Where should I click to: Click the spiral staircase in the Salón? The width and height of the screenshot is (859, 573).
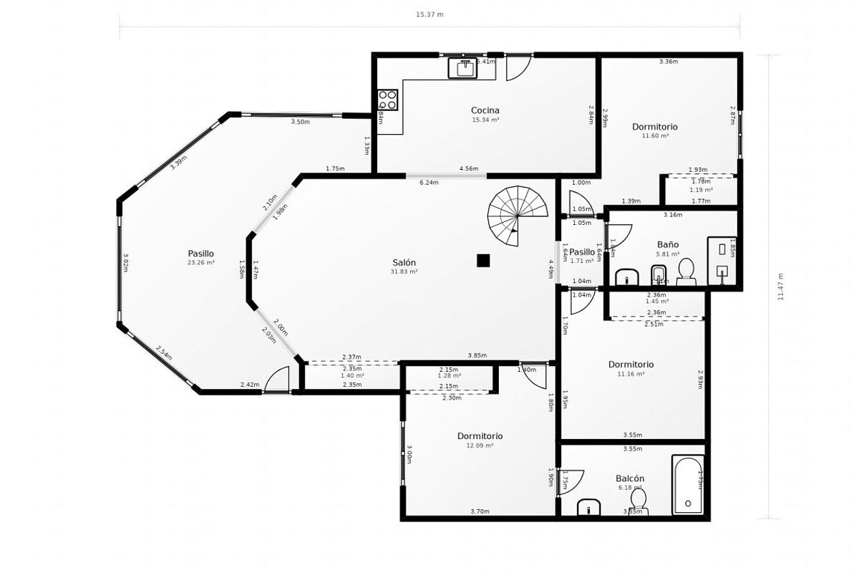(x=518, y=215)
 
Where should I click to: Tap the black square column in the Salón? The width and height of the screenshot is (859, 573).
(x=483, y=261)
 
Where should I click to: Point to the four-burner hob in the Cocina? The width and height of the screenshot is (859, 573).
(x=387, y=100)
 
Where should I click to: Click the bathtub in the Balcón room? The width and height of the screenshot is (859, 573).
(x=688, y=485)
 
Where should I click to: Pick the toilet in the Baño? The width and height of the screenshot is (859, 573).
(x=686, y=271)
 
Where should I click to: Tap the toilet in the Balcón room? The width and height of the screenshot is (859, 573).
(x=638, y=499)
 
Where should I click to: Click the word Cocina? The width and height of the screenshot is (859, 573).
(x=485, y=110)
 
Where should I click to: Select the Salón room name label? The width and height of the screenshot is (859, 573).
(x=404, y=263)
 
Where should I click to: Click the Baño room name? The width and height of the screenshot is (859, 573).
(x=667, y=245)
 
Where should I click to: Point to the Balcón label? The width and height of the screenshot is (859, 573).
(x=630, y=478)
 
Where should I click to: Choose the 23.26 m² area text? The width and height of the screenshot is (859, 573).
(x=200, y=263)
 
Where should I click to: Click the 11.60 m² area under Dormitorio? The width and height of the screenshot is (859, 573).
(x=654, y=136)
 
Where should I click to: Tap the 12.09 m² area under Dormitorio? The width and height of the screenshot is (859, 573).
(x=480, y=446)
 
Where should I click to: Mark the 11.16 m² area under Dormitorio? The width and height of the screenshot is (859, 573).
(x=631, y=374)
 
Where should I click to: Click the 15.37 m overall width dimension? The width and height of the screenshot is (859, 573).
(x=429, y=14)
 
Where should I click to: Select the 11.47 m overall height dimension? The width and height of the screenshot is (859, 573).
(x=780, y=286)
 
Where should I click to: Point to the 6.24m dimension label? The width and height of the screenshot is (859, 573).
(x=429, y=183)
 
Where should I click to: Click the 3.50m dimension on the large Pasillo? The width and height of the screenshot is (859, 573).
(x=300, y=122)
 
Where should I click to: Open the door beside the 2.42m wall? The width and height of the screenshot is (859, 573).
(x=277, y=380)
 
